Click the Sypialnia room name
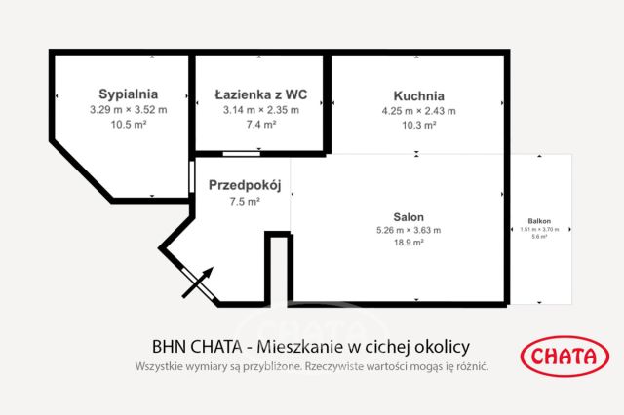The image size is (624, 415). point(128,94)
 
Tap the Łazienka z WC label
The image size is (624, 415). point(260,94)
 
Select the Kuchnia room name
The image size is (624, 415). point(419,95)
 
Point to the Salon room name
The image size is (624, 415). point(409,216)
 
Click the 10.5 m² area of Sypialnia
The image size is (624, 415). point(128,125)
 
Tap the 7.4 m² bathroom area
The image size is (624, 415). point(260,125)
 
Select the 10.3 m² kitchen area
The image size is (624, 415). point(419,125)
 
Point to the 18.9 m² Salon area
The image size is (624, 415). point(409,244)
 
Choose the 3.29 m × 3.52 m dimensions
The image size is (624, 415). point(128,110)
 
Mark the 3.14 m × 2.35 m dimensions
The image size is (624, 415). point(260,110)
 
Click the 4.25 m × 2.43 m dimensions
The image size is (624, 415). point(419,110)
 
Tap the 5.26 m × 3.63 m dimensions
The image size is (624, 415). point(409,230)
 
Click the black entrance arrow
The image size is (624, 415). point(198,282)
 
